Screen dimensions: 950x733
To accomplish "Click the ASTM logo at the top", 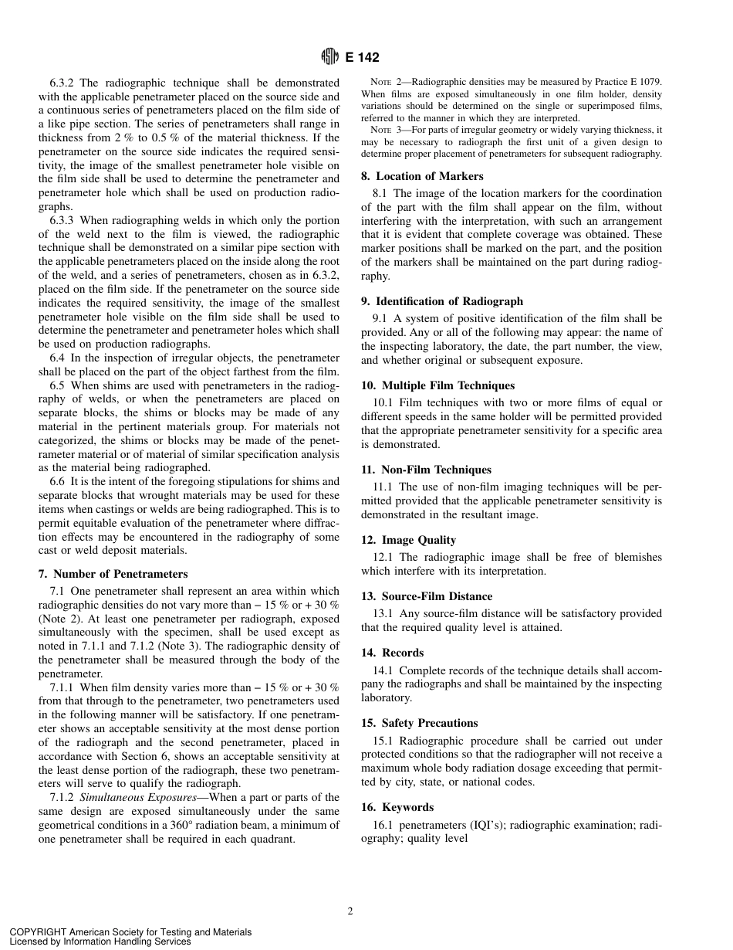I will [329, 56].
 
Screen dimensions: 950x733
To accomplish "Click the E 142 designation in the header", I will [362, 57].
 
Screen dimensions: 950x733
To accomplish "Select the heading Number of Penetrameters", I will [113, 574].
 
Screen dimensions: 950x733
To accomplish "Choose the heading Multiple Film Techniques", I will [437, 385].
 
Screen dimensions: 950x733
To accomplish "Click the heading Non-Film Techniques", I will [426, 470].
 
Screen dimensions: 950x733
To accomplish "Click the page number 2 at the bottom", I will [350, 911].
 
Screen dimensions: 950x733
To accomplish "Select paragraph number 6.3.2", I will [62, 83].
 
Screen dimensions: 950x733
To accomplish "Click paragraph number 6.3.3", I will [62, 220].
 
